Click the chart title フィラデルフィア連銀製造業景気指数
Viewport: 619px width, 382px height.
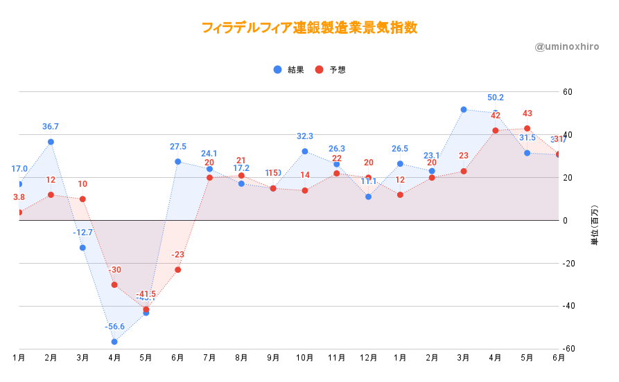tap(309, 28)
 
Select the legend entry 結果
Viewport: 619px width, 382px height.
tap(290, 70)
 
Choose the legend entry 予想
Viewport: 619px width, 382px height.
tap(332, 70)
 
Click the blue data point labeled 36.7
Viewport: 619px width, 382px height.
tap(51, 142)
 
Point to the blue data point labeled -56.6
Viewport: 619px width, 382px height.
tap(114, 342)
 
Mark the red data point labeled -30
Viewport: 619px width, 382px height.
tap(114, 284)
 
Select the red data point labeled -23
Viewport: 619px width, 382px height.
tap(177, 270)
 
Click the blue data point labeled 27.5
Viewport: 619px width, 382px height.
tap(177, 162)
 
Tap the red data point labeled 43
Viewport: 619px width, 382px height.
tap(527, 128)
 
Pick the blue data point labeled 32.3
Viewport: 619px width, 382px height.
tap(305, 152)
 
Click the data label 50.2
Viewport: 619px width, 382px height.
tap(495, 98)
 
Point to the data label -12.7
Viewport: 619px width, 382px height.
tap(82, 233)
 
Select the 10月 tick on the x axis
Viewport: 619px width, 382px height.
tap(305, 358)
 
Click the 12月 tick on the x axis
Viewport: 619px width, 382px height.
tap(368, 358)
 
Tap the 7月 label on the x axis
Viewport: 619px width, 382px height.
tap(209, 358)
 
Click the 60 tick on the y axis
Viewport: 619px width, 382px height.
tap(567, 92)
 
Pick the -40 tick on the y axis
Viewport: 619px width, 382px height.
tap(568, 307)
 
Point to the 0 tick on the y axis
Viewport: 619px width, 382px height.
tap(565, 221)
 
